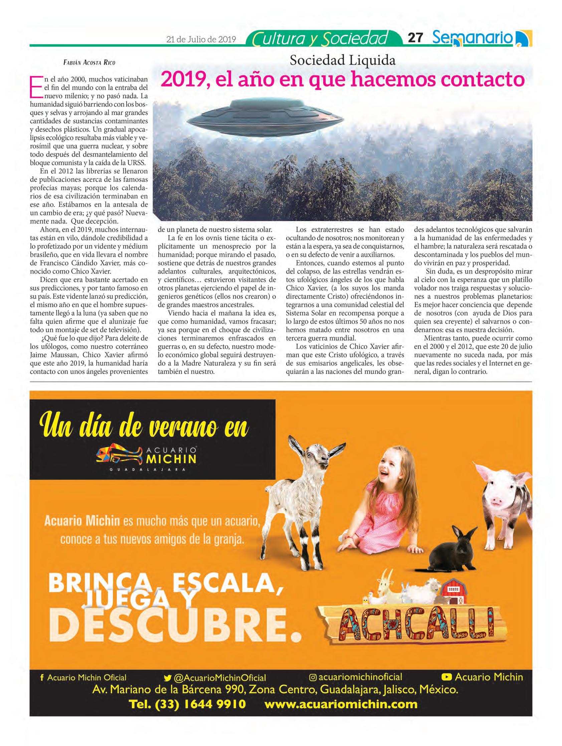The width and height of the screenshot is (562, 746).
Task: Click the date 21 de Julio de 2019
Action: (201, 39)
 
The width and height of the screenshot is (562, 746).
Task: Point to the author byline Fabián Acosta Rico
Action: (89, 62)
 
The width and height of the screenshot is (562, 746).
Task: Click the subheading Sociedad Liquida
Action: (343, 60)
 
